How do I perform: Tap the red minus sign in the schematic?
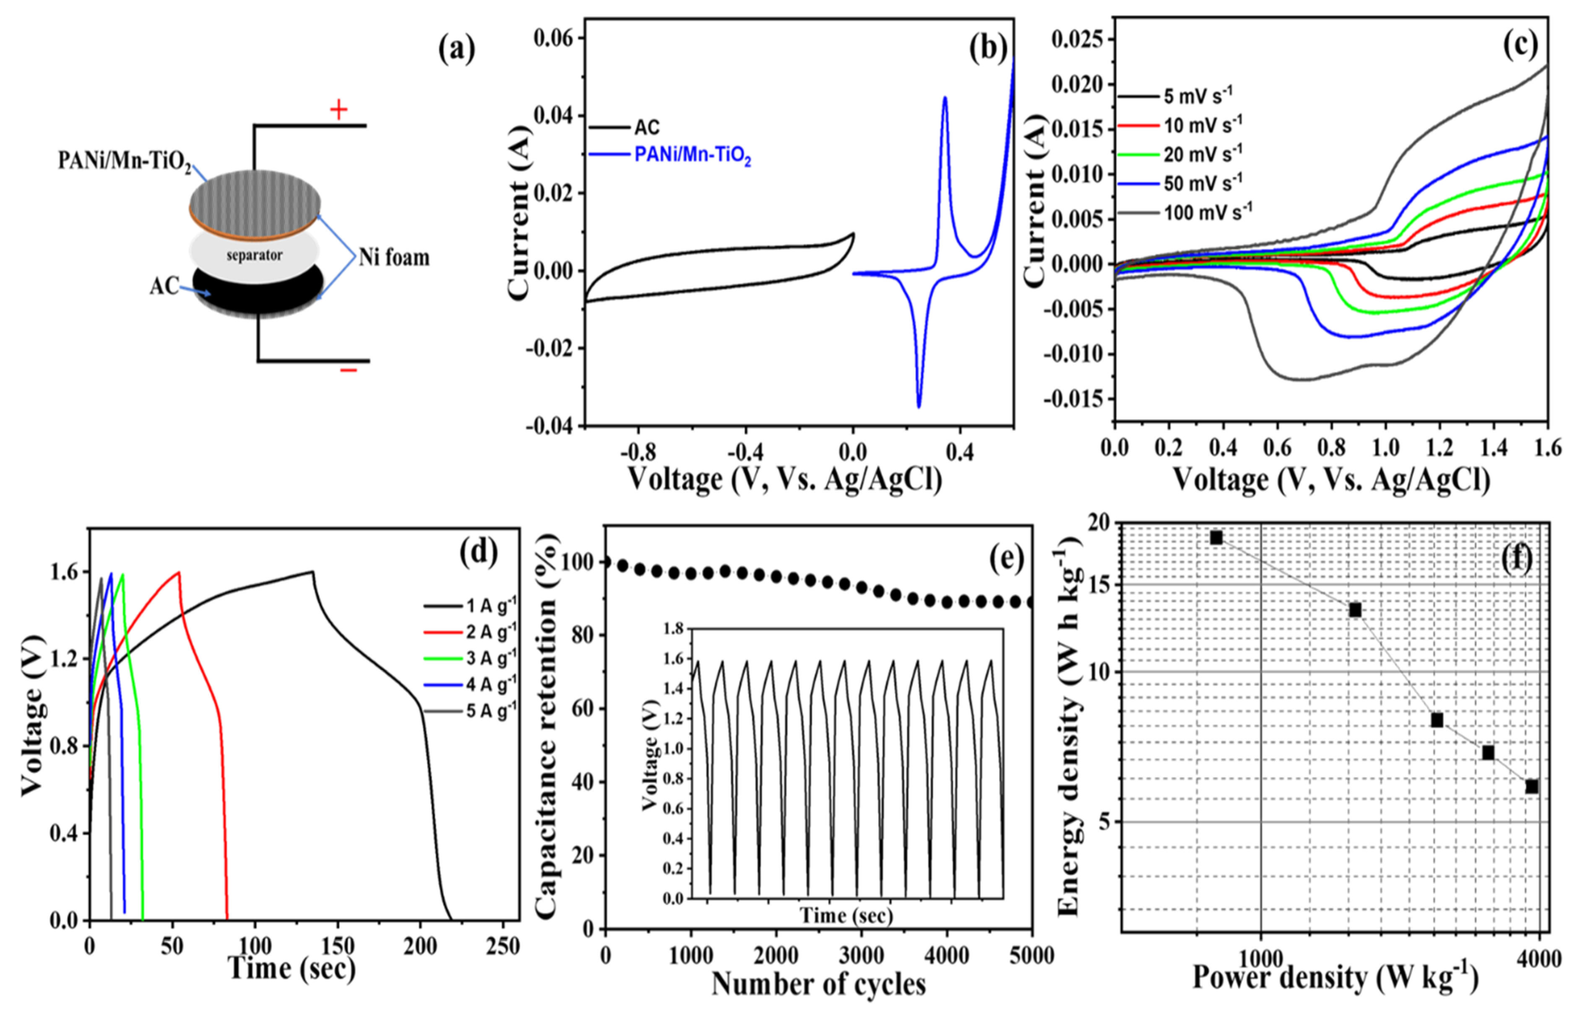tap(348, 370)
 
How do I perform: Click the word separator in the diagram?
tap(255, 255)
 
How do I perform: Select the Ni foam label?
tap(393, 258)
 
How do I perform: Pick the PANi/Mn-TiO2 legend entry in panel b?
tap(692, 156)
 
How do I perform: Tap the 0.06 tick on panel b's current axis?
tap(554, 38)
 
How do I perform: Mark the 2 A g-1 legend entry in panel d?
tap(490, 632)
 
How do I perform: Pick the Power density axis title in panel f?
tap(1335, 977)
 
